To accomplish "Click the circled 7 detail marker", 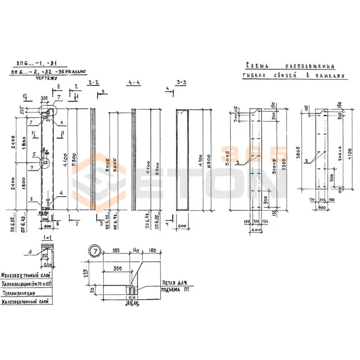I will tap(95, 251).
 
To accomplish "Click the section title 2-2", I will tap(94, 83).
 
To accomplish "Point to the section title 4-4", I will tap(134, 83).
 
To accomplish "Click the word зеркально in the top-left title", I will tap(72, 72).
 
